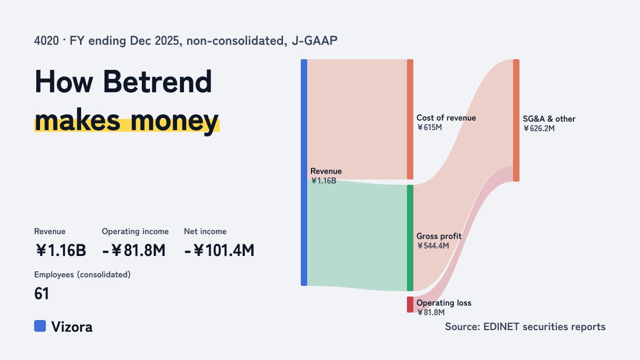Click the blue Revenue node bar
[304, 173]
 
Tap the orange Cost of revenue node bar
[410, 119]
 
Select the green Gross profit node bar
[410, 238]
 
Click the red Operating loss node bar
[410, 305]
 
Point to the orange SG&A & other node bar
[516, 121]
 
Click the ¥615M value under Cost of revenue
[429, 127]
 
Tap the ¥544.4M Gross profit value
[433, 246]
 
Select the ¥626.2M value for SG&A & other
[539, 129]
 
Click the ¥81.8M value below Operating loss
[431, 313]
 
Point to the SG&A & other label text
[549, 119]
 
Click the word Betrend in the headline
[157, 82]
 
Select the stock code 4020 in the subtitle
[46, 41]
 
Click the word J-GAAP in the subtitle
[315, 41]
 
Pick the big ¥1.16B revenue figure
[61, 251]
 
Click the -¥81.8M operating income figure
[134, 251]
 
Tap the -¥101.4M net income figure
[219, 251]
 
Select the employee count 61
[42, 294]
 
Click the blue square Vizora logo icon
[40, 326]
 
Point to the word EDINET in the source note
[501, 327]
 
